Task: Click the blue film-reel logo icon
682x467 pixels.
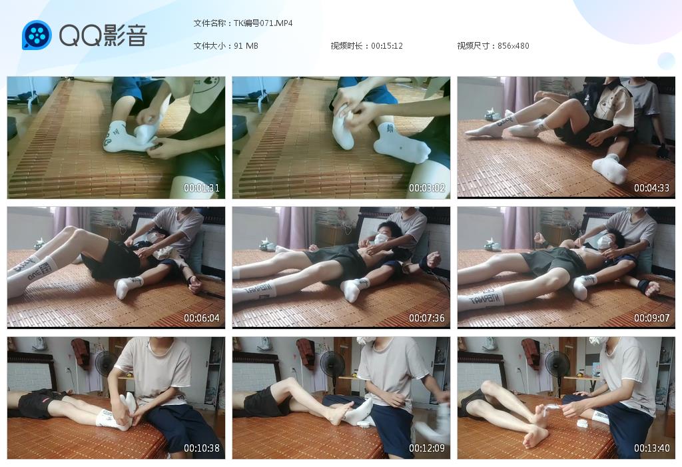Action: click(x=37, y=35)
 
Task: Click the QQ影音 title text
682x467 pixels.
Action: click(x=103, y=35)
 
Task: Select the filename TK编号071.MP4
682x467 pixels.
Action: click(x=263, y=23)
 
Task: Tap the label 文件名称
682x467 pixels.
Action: click(x=209, y=23)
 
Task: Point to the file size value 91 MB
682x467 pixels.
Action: click(x=246, y=46)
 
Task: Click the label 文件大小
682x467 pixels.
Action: click(x=209, y=46)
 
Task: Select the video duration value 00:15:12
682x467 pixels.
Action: click(x=387, y=46)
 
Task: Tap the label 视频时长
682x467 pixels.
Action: click(x=346, y=46)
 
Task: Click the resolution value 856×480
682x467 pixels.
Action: click(x=513, y=46)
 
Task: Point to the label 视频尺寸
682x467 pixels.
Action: click(x=474, y=46)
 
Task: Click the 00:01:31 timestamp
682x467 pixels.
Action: click(x=201, y=187)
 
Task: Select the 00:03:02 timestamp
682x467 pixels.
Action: click(x=427, y=187)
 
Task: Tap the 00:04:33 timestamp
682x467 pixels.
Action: click(x=651, y=187)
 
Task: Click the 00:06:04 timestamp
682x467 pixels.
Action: click(x=201, y=318)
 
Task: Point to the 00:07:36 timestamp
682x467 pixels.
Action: click(x=427, y=318)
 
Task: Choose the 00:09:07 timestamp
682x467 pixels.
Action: click(x=651, y=318)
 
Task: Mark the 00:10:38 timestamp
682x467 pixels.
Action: click(x=201, y=448)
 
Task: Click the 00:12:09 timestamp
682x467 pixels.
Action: click(x=427, y=448)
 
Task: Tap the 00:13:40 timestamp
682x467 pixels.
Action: click(x=651, y=448)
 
